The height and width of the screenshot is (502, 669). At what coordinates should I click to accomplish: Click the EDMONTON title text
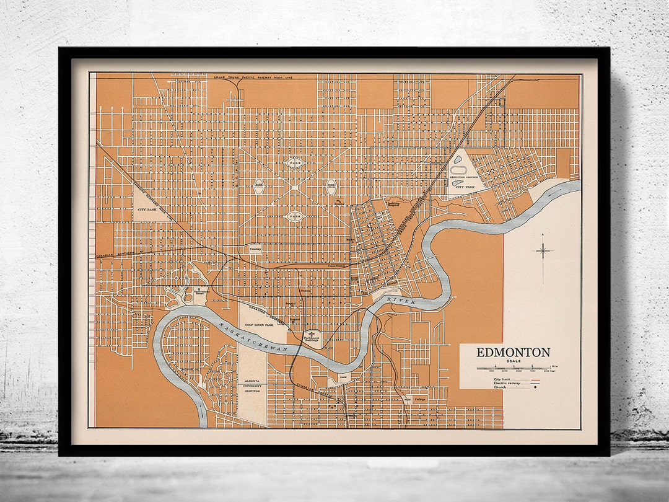pyautogui.click(x=513, y=353)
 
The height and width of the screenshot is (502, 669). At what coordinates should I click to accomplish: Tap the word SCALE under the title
pyautogui.click(x=513, y=361)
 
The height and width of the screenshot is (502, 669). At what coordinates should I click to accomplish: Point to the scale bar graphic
pyautogui.click(x=514, y=369)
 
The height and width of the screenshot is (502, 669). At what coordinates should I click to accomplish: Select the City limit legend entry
pyautogui.click(x=503, y=379)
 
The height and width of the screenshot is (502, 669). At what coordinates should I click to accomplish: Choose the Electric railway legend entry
pyautogui.click(x=506, y=384)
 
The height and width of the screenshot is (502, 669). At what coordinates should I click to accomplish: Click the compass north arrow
pyautogui.click(x=543, y=251)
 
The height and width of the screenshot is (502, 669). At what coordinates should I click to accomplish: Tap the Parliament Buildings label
pyautogui.click(x=313, y=337)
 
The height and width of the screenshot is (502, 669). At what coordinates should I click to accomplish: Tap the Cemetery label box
pyautogui.click(x=256, y=247)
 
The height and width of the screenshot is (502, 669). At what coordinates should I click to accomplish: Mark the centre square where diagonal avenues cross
pyautogui.click(x=294, y=185)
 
